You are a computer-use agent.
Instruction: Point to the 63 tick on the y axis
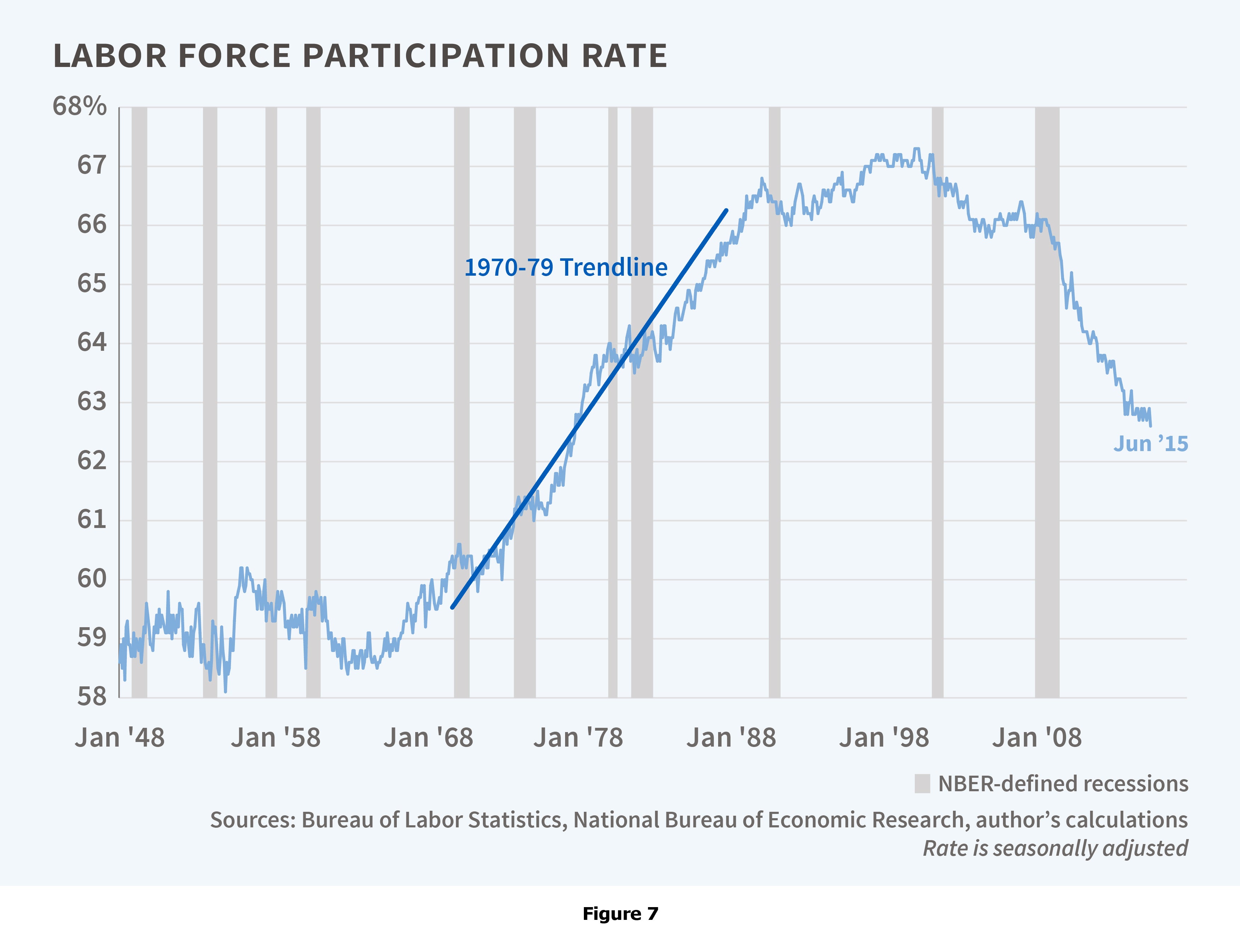pos(92,402)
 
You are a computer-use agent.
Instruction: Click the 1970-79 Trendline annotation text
pos(566,268)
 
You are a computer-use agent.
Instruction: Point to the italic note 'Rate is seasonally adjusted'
pos(1055,848)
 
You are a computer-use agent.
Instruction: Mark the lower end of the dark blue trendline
pos(452,607)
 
